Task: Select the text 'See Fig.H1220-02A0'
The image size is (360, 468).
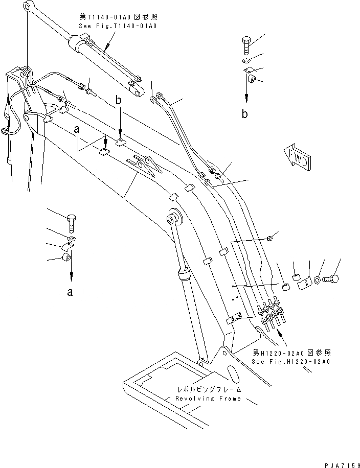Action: [291, 361]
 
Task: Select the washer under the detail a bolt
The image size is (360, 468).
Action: [72, 239]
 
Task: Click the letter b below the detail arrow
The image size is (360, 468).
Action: [245, 114]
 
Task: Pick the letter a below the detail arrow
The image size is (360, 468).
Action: [71, 292]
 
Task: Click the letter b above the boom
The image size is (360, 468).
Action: [119, 102]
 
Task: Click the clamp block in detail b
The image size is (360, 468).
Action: [252, 79]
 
